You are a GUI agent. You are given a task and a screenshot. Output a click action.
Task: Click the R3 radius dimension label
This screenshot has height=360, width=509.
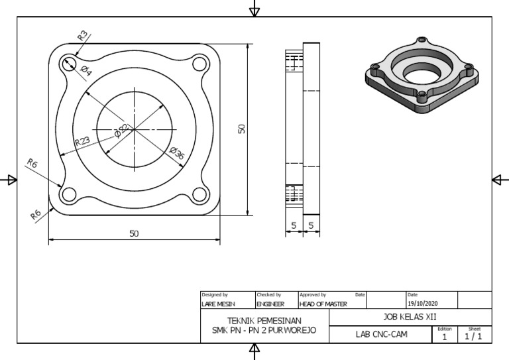point(82,36)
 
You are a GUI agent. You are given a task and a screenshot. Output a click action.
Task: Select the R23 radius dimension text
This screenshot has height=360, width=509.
point(82,141)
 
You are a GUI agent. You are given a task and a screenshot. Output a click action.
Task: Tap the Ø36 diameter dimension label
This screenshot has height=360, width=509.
point(177,153)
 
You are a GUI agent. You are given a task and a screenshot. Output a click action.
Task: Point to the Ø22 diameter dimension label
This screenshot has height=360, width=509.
point(122,130)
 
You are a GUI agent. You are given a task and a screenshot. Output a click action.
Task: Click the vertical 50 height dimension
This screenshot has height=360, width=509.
point(242,129)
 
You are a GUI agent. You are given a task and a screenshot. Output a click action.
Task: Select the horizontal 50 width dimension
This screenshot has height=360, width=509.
point(134,233)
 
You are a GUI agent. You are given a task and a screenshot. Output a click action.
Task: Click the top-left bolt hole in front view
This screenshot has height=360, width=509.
point(68,63)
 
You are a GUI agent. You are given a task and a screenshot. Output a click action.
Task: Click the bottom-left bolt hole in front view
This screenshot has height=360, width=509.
point(68,194)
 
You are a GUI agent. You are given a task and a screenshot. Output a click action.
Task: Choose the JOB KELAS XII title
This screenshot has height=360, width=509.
point(410,317)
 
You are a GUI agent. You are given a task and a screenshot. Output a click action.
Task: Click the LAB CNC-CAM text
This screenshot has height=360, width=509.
point(382,335)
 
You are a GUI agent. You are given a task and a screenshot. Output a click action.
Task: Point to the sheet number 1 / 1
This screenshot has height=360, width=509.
point(474,337)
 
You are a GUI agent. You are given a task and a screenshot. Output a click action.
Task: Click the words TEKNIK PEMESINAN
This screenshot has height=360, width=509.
point(264,320)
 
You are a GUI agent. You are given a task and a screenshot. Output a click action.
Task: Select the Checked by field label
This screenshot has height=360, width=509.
point(268,294)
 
